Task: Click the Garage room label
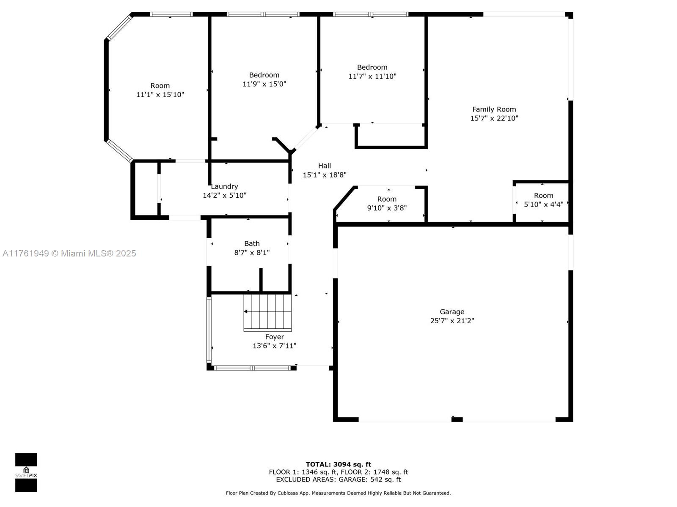452,312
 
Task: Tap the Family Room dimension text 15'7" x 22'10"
494,118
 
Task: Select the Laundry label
225,187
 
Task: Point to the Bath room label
252,243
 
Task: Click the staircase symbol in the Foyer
267,313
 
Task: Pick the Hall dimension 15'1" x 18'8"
325,175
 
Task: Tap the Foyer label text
275,337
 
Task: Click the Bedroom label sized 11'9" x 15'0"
264,75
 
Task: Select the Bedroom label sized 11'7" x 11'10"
372,68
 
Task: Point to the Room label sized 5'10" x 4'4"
543,196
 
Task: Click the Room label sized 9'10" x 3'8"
387,199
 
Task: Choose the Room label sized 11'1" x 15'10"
160,86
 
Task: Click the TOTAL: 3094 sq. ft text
338,464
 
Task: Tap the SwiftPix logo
26,472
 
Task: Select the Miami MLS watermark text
69,253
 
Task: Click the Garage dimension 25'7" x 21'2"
452,321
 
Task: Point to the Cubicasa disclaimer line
338,493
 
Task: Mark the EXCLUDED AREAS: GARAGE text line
338,479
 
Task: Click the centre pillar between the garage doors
457,419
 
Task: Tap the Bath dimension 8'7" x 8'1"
252,253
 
